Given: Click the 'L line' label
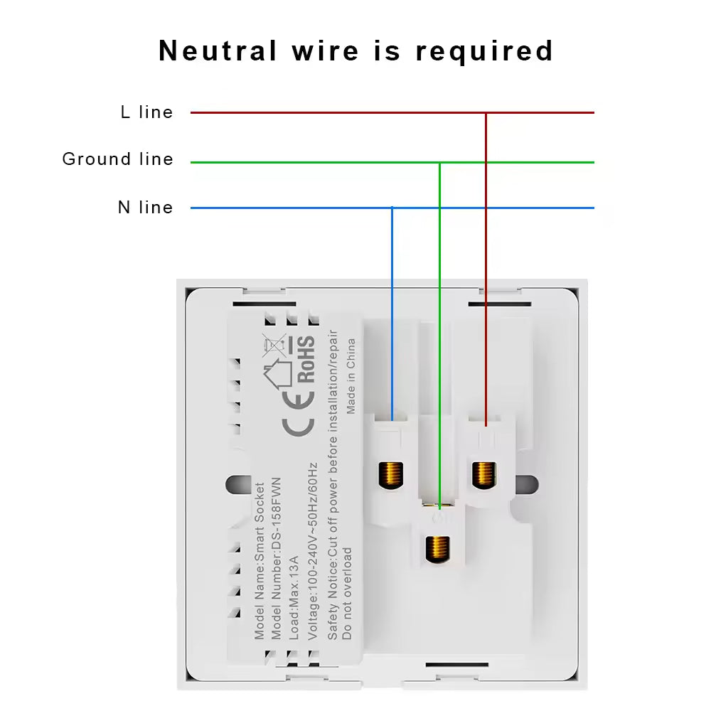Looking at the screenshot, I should point(146,112).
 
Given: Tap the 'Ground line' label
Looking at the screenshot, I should point(117,159).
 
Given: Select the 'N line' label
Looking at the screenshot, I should point(145,208).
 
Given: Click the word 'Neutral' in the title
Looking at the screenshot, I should point(218,51).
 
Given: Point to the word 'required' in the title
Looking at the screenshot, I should point(484,51).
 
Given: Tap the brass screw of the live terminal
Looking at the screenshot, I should point(484,473).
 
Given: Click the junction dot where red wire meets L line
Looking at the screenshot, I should point(486,112).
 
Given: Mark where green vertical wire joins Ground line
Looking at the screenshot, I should point(440,163).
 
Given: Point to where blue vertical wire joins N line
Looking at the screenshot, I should point(392,208).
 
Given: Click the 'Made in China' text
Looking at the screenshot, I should point(351,376).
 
